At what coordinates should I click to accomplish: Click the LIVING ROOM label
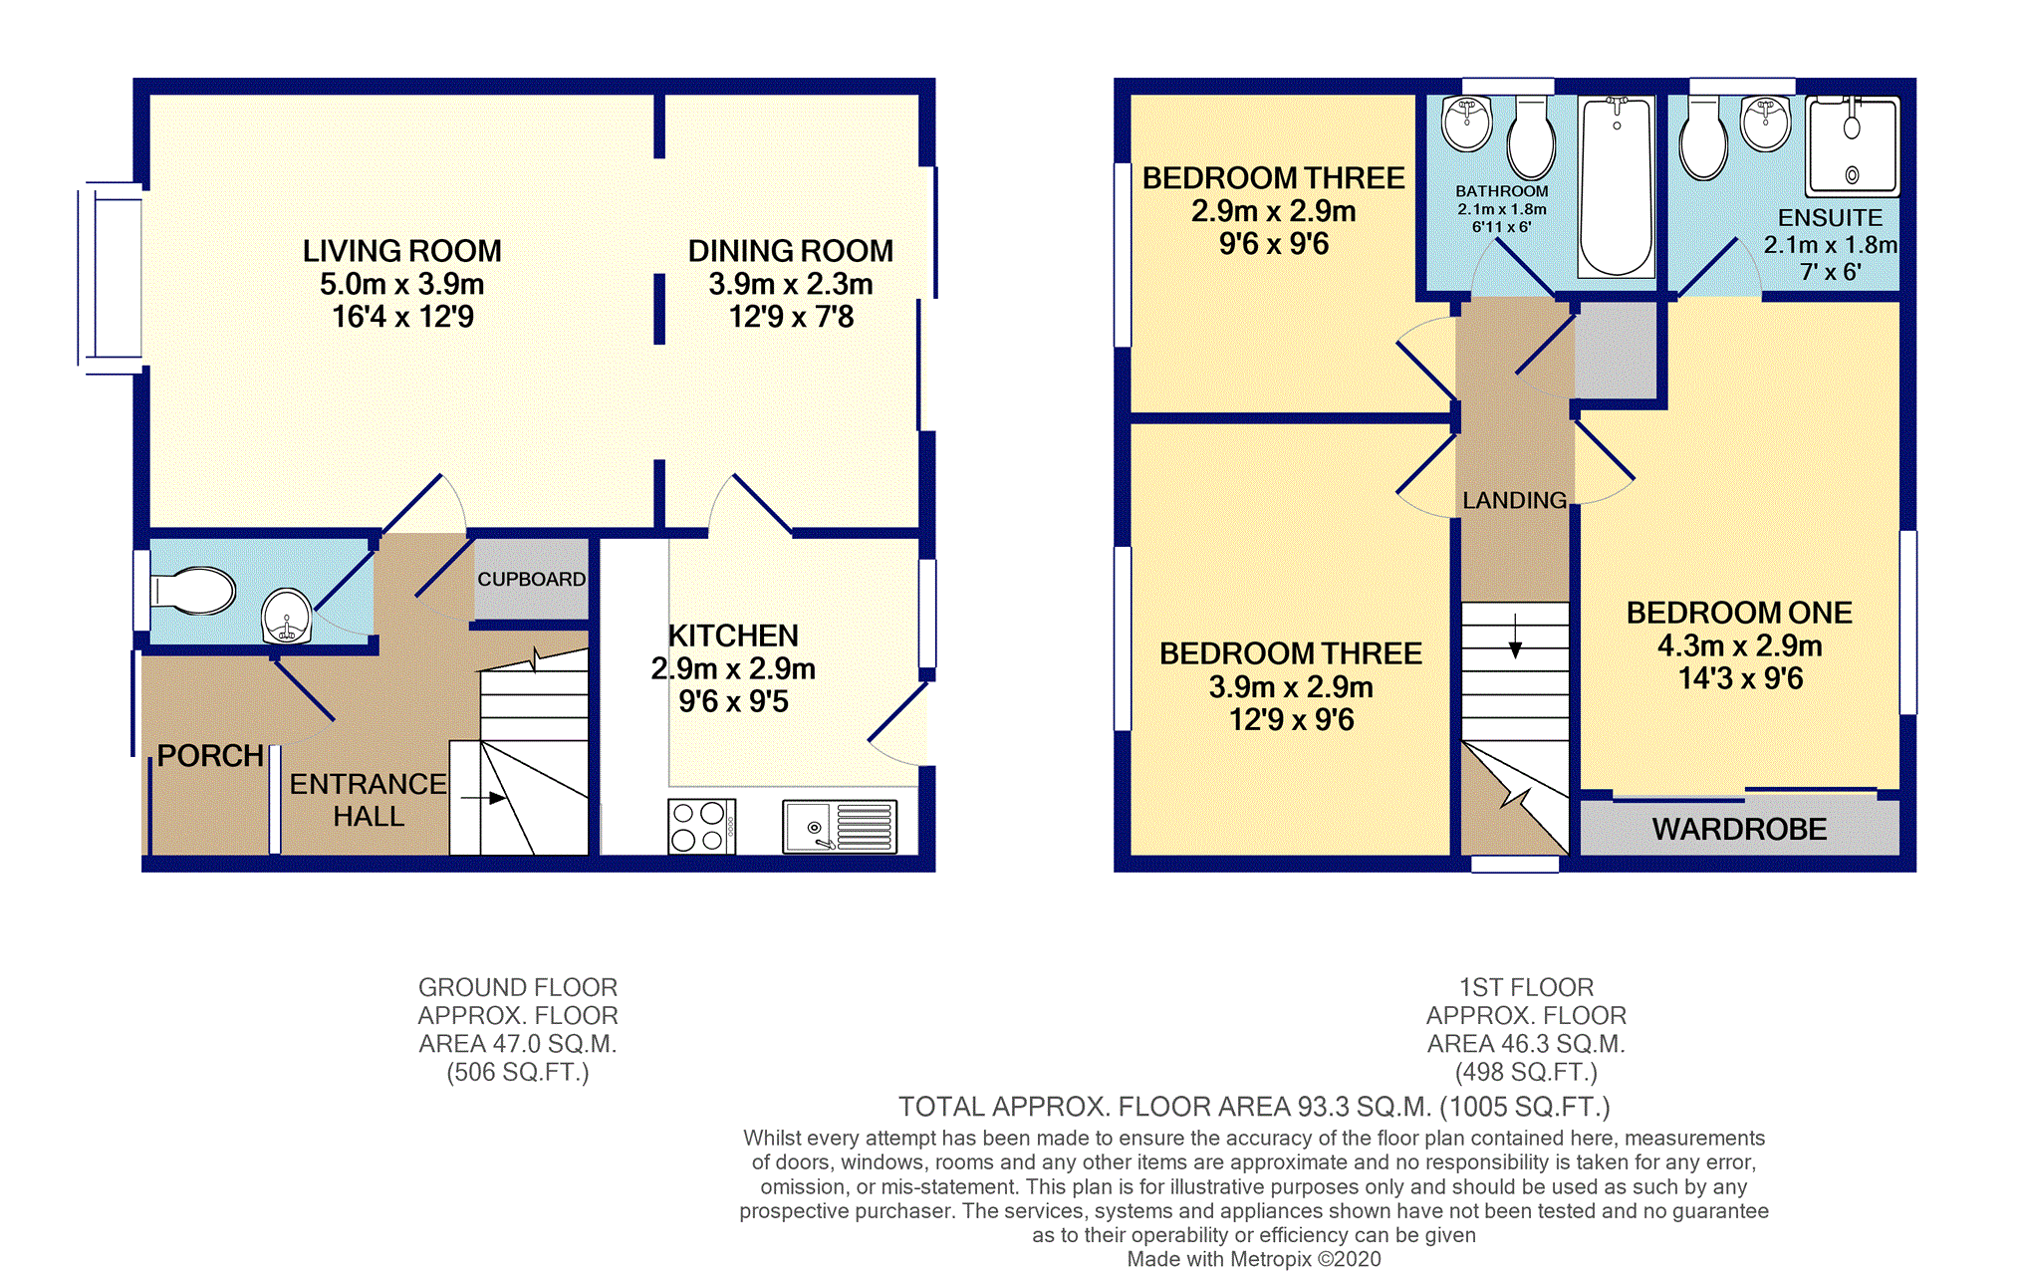(x=402, y=251)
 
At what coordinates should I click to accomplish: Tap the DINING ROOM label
(x=791, y=251)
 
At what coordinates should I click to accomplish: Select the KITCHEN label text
(x=733, y=636)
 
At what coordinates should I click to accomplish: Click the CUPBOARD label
(x=531, y=579)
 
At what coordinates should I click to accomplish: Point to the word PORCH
(x=210, y=756)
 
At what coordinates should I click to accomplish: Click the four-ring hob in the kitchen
(x=701, y=826)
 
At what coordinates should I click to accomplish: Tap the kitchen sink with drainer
(x=839, y=827)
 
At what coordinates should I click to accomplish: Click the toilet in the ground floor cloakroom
(x=192, y=591)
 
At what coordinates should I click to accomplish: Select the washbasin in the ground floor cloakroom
(x=287, y=616)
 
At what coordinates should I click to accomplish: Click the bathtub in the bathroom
(x=1616, y=186)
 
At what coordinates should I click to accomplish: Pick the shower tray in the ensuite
(x=1853, y=145)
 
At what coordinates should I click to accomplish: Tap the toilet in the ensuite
(x=1703, y=139)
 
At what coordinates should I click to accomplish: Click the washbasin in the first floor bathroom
(x=1467, y=124)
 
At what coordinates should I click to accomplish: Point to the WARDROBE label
(x=1739, y=829)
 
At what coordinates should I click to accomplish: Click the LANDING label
(x=1514, y=500)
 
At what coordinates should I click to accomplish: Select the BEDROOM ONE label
(x=1739, y=613)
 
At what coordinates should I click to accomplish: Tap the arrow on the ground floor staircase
(x=483, y=798)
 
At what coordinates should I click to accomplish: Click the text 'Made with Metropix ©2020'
(x=1254, y=1259)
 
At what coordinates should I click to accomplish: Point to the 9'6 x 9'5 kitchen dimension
(x=733, y=701)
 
